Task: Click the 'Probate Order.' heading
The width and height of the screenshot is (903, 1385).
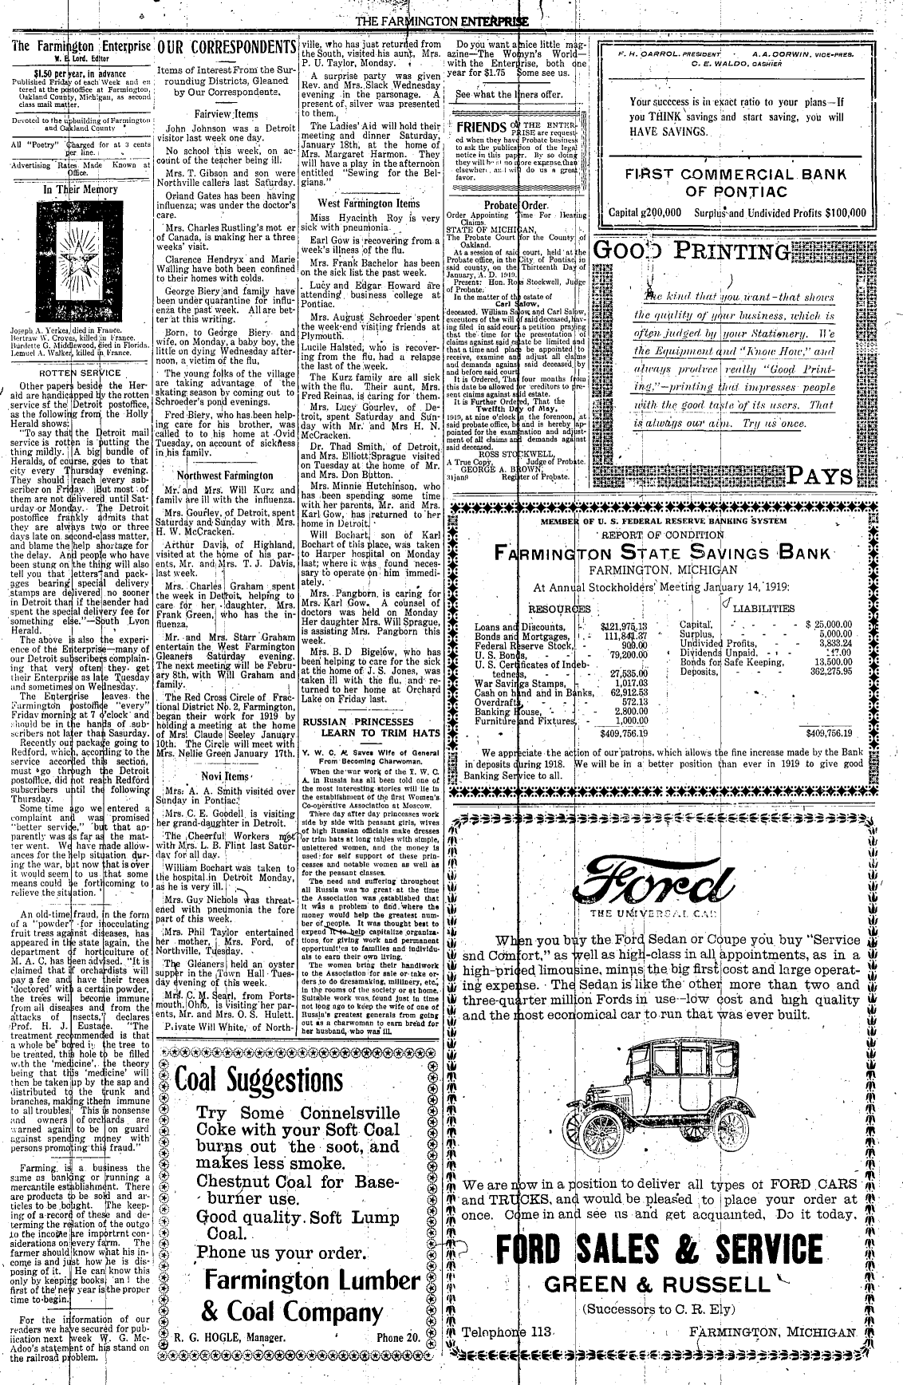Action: (517, 204)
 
